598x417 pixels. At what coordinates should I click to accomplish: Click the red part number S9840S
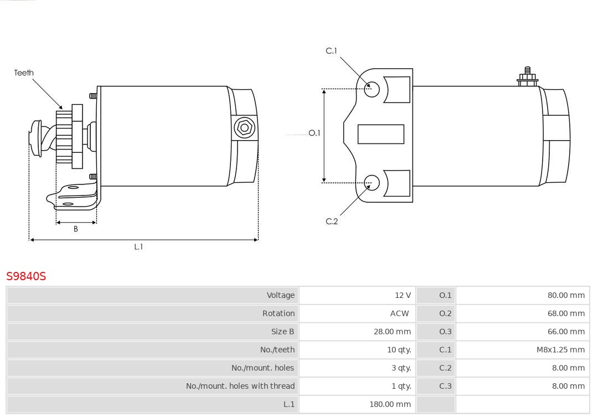pos(26,276)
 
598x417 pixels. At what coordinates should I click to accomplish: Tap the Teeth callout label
pos(24,73)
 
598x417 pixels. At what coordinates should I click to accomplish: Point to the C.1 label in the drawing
pos(332,51)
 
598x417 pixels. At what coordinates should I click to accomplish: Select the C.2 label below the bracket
pos(332,222)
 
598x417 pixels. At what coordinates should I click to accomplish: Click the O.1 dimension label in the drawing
pos(315,133)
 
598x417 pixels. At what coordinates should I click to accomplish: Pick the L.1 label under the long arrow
pos(138,247)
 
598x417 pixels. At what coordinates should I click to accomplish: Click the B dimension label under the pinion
pos(76,229)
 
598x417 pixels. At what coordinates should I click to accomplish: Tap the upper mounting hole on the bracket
pos(372,89)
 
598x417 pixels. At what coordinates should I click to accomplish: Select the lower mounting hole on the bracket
pos(372,183)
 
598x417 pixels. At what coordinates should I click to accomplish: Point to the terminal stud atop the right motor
pos(528,76)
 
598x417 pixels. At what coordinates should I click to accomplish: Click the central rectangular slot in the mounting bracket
pos(381,135)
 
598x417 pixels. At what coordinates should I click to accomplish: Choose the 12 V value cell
pos(403,295)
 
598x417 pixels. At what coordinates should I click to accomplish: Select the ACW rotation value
pos(399,313)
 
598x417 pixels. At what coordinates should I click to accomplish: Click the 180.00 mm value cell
pos(390,404)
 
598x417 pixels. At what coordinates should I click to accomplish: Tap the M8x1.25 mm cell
pos(560,350)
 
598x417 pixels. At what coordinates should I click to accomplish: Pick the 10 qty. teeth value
pos(399,350)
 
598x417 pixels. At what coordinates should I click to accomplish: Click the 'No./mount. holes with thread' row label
pos(240,386)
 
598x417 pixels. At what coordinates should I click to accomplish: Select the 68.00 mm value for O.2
pos(566,313)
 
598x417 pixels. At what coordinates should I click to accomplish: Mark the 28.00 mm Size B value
pos(393,332)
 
